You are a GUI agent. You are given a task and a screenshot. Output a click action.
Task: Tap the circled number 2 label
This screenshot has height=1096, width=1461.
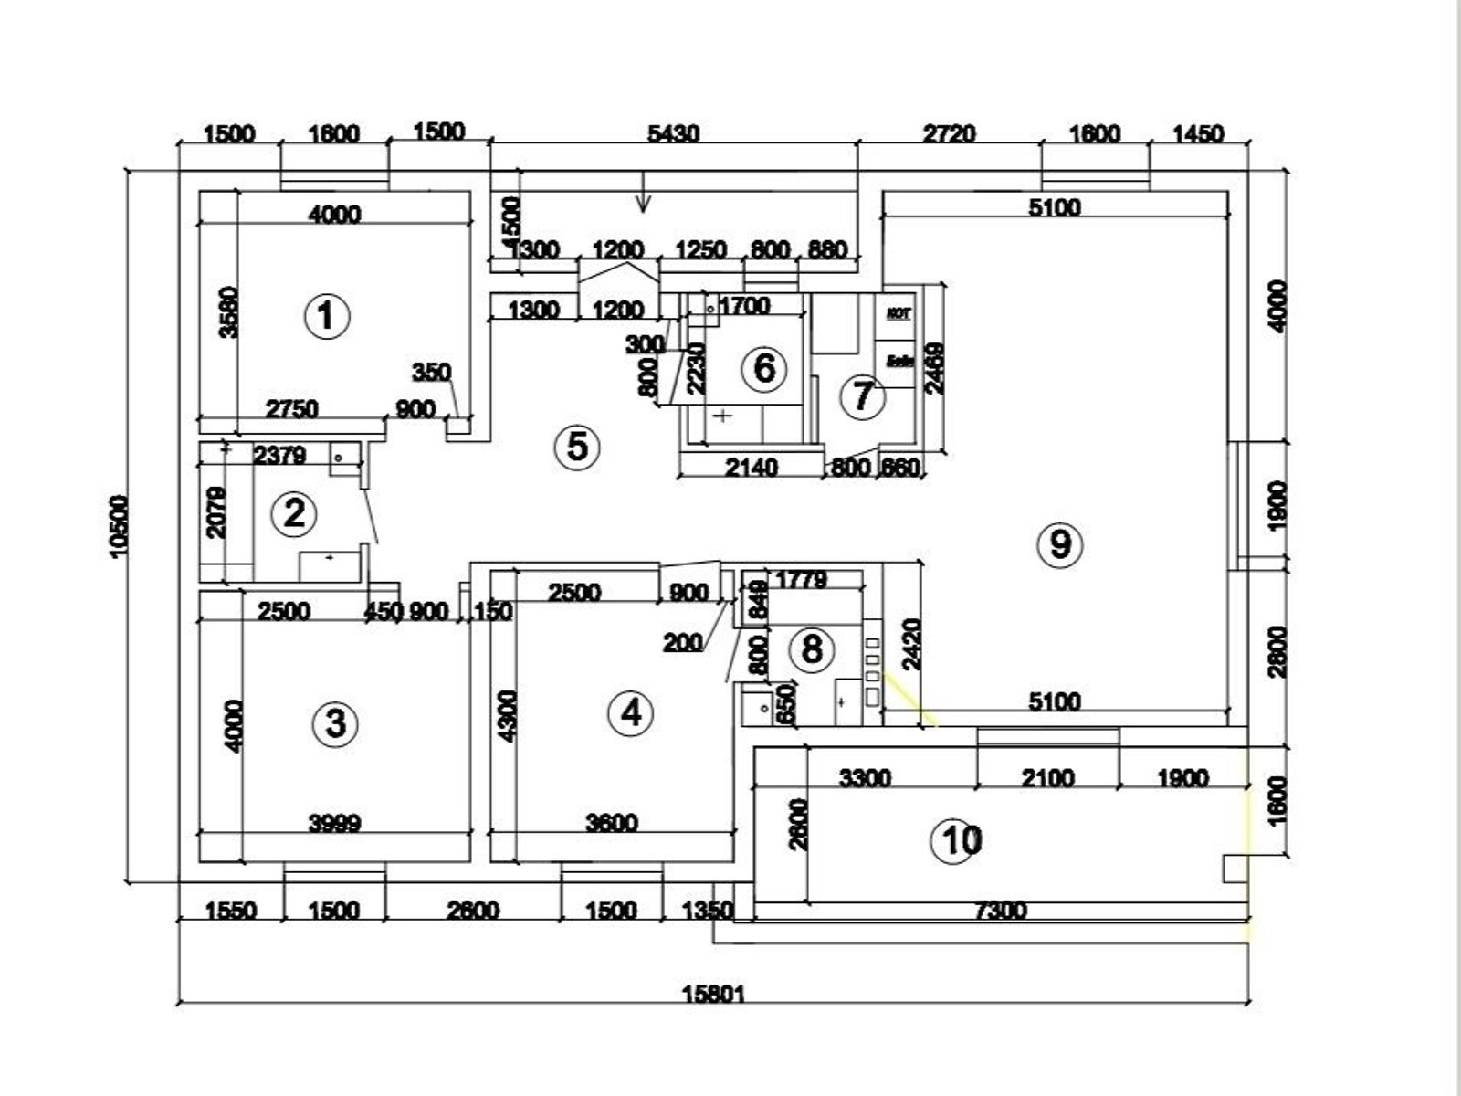tap(294, 514)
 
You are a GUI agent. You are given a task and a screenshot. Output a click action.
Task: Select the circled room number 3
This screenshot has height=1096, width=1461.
tap(335, 724)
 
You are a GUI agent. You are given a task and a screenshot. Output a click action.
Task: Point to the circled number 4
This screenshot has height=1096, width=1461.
tap(631, 712)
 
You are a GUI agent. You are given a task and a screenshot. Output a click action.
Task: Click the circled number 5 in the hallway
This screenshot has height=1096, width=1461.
tap(577, 448)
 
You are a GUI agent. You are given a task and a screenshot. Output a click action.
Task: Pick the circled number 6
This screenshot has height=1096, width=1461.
tap(763, 368)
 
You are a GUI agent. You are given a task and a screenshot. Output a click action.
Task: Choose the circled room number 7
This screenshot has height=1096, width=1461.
tap(863, 397)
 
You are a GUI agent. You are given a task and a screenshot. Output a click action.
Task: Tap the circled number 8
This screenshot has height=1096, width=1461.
tap(811, 649)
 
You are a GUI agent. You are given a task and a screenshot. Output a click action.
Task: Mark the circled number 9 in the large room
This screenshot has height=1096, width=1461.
tap(1060, 544)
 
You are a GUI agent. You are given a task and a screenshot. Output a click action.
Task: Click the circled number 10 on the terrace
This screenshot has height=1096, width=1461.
tap(956, 840)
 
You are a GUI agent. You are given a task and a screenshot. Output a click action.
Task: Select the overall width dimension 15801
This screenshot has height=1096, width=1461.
tap(714, 993)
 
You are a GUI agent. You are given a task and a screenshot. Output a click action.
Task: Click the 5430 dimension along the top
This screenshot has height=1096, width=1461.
tap(673, 133)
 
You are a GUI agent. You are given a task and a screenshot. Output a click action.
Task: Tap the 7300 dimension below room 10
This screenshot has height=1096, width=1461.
tap(1001, 911)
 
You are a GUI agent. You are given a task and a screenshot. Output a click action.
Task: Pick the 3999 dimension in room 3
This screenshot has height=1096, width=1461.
tap(335, 823)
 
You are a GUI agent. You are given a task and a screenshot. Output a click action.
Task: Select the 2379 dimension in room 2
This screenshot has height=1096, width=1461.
tap(279, 454)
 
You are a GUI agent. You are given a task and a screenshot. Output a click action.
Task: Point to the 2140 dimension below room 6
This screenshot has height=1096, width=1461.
tap(751, 468)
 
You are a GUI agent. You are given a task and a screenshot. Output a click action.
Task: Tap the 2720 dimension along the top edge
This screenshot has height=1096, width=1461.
tap(949, 133)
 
